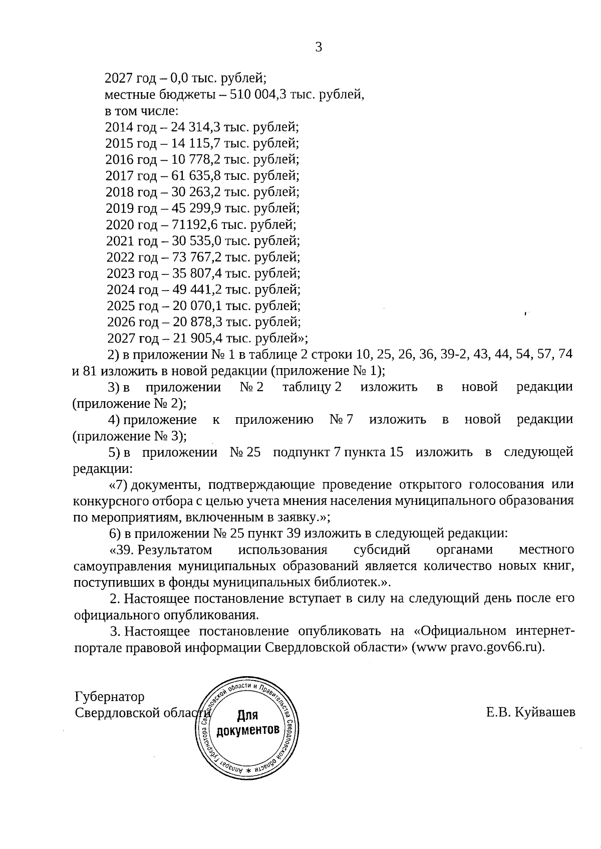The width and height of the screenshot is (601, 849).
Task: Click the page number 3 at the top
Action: pyautogui.click(x=319, y=48)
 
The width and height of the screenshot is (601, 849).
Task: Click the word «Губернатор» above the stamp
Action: pyautogui.click(x=109, y=697)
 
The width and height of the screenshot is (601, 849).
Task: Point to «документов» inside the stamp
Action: pyautogui.click(x=247, y=730)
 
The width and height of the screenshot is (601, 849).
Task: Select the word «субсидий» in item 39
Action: pyautogui.click(x=382, y=550)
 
